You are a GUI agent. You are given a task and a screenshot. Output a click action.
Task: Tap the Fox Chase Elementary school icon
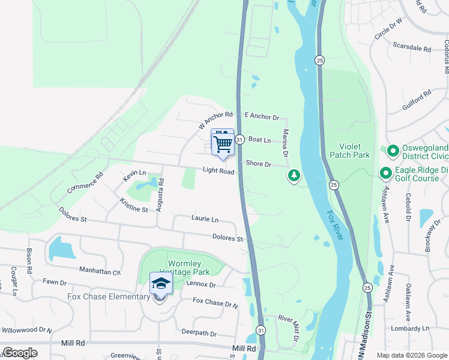tap(161, 284)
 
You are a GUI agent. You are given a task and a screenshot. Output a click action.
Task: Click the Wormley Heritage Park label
tap(179, 268)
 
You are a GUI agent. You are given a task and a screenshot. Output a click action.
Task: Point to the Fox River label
tap(336, 225)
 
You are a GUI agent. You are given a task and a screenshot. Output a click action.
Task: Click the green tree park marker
tap(294, 175)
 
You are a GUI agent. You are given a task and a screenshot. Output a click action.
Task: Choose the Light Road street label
tap(218, 171)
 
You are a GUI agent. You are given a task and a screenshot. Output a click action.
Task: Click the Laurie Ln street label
tap(205, 220)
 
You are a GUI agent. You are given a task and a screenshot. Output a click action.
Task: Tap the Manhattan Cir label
tap(100, 272)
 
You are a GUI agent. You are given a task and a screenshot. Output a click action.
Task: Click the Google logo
tap(20, 353)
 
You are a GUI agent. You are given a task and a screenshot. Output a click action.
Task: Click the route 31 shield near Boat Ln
tap(239, 139)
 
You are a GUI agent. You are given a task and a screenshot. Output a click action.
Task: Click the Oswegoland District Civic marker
tap(393, 151)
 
